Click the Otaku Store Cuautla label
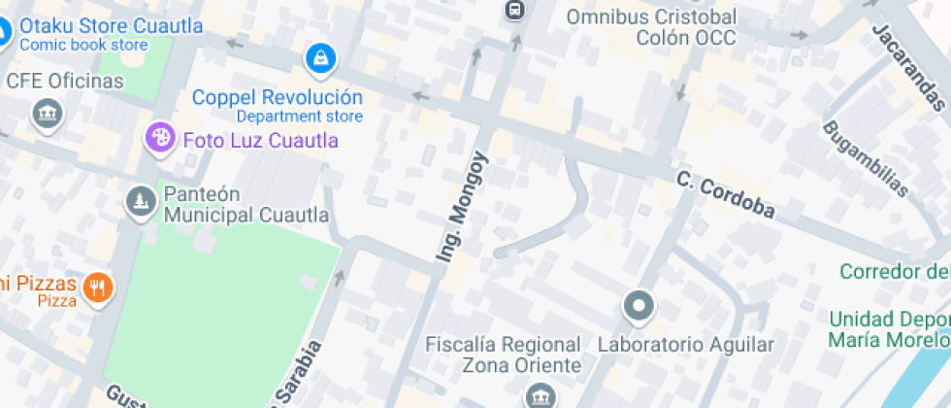pos(111,26)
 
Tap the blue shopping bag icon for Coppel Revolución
pos(319,60)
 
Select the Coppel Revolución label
pos(278,98)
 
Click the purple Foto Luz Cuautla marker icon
pos(159,138)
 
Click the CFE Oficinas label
pos(65,81)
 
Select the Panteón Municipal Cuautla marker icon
pos(142,202)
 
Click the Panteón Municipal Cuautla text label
pos(246,204)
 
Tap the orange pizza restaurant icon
pos(98,287)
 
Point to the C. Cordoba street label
pos(726,195)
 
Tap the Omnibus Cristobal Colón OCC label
pos(651,27)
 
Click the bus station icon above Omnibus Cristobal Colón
pos(514,11)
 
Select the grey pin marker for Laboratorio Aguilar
pos(639,307)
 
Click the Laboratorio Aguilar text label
pos(686,345)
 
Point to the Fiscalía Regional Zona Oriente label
pos(504,355)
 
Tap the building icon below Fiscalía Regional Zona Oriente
pos(539,396)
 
